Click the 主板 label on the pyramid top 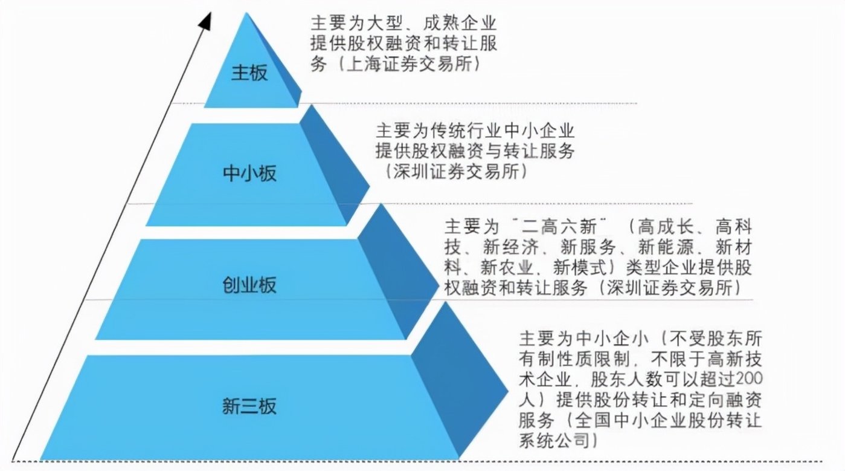pyautogui.click(x=249, y=73)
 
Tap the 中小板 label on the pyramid pyautogui.click(x=249, y=174)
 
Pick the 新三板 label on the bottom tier pyautogui.click(x=249, y=406)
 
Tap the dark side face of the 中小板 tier pyautogui.click(x=335, y=160)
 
